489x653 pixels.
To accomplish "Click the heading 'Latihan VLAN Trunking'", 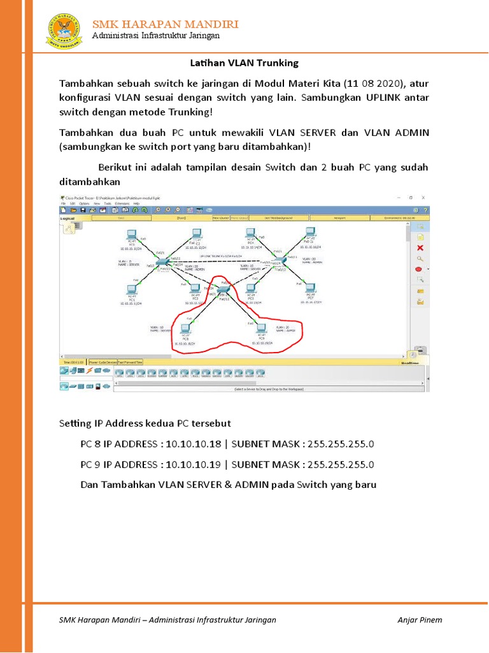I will pyautogui.click(x=244, y=63).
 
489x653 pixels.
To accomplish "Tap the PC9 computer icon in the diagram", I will pyautogui.click(x=261, y=330).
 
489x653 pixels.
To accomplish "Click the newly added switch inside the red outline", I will pyautogui.click(x=223, y=291).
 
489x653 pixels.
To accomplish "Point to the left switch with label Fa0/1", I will pyautogui.click(x=164, y=261).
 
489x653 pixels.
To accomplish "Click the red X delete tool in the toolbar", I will pyautogui.click(x=420, y=247).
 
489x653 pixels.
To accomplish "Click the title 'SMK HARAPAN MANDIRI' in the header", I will pyautogui.click(x=166, y=24).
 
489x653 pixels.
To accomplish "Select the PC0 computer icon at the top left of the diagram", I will pyautogui.click(x=132, y=234).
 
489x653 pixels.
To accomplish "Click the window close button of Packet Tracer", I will pyautogui.click(x=423, y=198).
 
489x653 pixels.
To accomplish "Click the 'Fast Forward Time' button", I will pyautogui.click(x=130, y=362).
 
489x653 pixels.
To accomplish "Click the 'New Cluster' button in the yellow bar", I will pyautogui.click(x=220, y=218).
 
